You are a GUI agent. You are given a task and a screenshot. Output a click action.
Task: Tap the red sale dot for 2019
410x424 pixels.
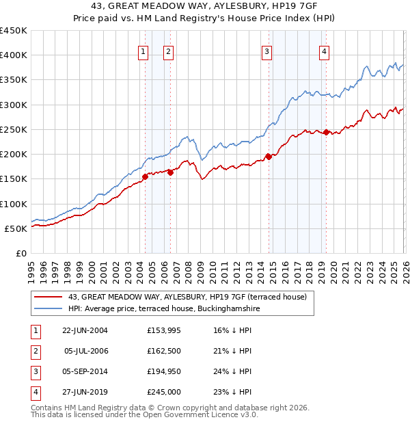point(327,132)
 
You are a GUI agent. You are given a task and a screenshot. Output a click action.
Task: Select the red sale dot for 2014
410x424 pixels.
point(269,157)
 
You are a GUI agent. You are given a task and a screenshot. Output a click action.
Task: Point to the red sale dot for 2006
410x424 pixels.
point(170,172)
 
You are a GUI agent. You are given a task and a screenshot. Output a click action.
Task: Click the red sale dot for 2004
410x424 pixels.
point(145,176)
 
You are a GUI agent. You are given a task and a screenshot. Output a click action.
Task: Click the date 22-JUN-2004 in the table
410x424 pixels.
point(85,330)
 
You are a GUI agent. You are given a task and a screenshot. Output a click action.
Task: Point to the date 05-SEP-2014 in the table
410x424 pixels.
point(85,371)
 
